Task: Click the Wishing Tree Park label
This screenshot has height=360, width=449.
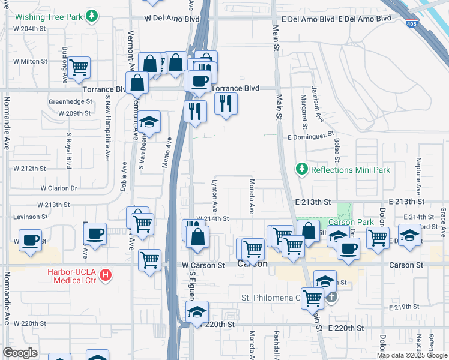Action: pos(47,14)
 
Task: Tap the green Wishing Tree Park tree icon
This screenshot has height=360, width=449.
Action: pos(91,15)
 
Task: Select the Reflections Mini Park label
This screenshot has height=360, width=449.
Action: pos(350,170)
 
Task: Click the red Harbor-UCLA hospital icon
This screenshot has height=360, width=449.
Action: pos(106,276)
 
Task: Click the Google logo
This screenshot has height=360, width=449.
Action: pos(20,353)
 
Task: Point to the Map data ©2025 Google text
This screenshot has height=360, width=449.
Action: pos(411,355)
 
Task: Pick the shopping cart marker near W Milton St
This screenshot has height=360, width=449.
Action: pos(79,68)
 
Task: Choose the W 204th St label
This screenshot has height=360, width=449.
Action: pos(29,29)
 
